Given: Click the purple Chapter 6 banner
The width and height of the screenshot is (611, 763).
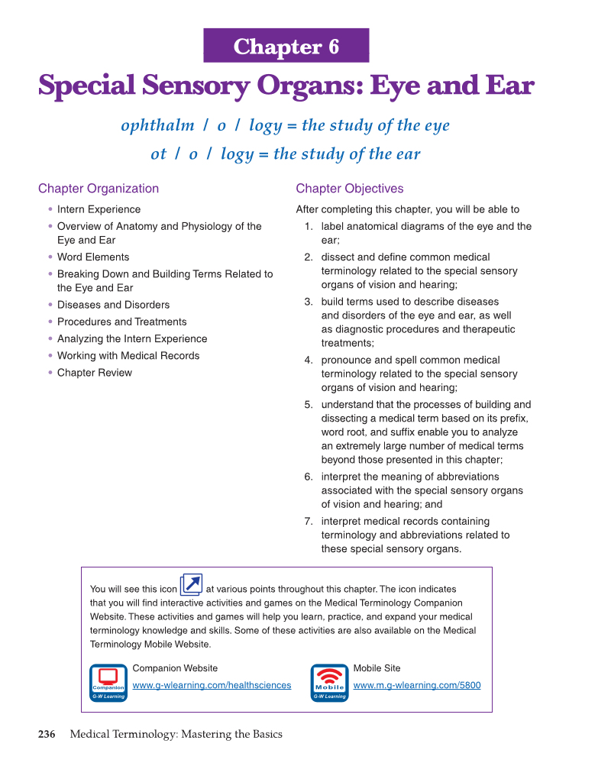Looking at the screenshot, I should click(x=286, y=46).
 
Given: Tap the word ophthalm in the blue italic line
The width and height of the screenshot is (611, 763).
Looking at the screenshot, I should click(x=157, y=126).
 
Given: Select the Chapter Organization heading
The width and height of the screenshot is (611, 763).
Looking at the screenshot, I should click(x=99, y=189).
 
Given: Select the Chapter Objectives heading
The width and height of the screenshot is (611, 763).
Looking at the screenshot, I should click(x=350, y=189).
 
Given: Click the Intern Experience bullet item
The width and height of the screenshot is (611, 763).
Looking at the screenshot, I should click(x=99, y=209).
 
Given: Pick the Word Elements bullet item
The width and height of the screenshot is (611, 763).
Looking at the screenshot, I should click(x=93, y=257).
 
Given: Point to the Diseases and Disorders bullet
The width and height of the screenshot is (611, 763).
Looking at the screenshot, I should click(x=113, y=305).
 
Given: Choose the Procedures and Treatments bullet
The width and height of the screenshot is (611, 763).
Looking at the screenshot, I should click(x=121, y=322).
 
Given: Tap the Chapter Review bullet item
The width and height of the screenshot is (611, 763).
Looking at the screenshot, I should click(x=94, y=373).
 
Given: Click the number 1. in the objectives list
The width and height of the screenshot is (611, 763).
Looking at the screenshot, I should click(x=309, y=227).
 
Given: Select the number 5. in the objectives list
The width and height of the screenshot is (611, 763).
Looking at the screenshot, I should click(x=309, y=405).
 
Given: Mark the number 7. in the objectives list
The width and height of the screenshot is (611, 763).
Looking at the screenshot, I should click(x=309, y=522).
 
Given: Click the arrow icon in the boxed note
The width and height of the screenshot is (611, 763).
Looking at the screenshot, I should click(x=191, y=586).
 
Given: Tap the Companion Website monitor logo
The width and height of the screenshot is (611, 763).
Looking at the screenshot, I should click(x=108, y=682).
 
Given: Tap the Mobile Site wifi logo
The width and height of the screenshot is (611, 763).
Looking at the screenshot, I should click(x=330, y=682).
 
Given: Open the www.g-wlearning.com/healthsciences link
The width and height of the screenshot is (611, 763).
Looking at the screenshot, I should click(x=212, y=685).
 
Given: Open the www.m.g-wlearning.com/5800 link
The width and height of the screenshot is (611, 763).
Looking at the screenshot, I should click(x=417, y=685).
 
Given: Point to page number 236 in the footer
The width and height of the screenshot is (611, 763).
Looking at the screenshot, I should click(x=47, y=735).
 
